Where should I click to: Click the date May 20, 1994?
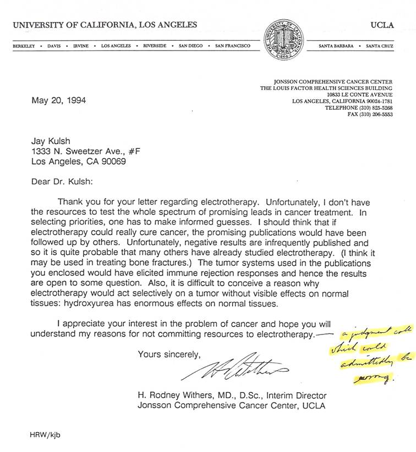[x=59, y=101]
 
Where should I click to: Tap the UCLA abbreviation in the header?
[x=382, y=25]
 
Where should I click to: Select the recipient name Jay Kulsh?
[x=51, y=141]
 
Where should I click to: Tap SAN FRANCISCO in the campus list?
[x=233, y=46]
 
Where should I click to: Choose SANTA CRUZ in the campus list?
[x=380, y=46]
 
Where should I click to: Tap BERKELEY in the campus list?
[x=24, y=46]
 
